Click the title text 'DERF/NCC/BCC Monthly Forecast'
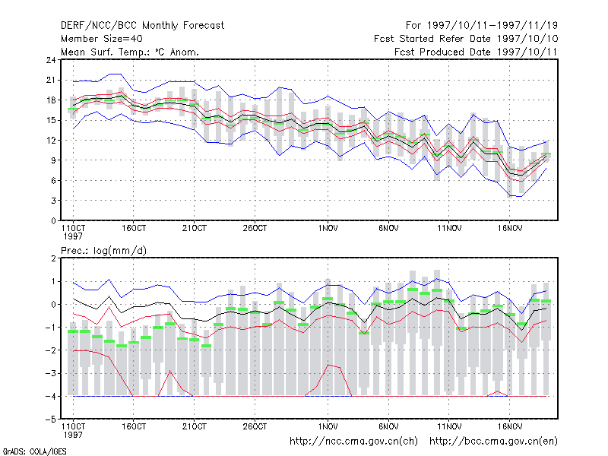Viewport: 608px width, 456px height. click(x=142, y=26)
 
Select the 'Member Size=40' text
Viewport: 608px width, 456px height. click(x=102, y=39)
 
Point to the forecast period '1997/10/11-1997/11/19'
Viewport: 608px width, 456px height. click(x=492, y=26)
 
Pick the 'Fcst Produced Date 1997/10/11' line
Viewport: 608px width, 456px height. click(x=476, y=52)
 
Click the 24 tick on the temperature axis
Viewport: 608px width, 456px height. click(x=51, y=60)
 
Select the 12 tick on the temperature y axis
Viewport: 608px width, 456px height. click(x=51, y=141)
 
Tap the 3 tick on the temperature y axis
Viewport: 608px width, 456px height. click(x=53, y=201)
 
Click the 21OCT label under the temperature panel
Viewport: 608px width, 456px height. click(x=195, y=229)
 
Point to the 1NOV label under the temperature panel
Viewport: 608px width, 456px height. click(x=328, y=229)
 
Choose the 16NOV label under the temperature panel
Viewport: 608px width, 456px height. click(x=510, y=229)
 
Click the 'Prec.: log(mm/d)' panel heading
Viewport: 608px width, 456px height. click(x=103, y=251)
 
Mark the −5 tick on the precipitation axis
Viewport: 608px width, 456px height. click(x=51, y=420)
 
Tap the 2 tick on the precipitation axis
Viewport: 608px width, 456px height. click(x=53, y=258)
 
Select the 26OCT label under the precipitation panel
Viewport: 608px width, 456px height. click(x=255, y=426)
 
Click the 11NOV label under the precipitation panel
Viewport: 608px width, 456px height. click(x=449, y=426)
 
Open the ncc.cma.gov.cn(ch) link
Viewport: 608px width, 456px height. click(x=353, y=442)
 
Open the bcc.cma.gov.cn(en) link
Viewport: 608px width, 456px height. click(x=493, y=442)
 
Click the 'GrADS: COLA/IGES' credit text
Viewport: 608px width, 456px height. click(x=34, y=451)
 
